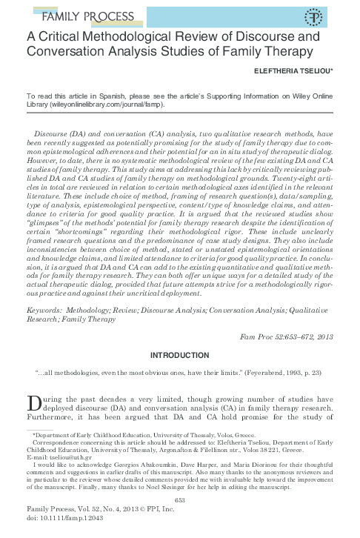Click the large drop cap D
pyautogui.click(x=33, y=404)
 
